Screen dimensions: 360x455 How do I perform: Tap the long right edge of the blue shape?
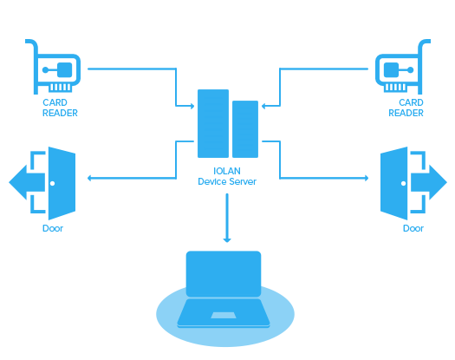pos(446,173)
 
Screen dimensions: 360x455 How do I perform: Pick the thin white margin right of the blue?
pos(451,173)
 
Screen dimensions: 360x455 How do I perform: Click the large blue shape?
pos(227,173)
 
